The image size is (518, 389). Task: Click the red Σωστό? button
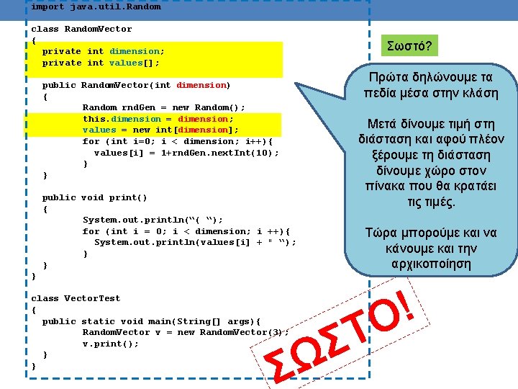click(x=409, y=47)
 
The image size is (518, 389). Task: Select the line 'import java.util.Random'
click(x=96, y=6)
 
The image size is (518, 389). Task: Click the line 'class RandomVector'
click(x=82, y=29)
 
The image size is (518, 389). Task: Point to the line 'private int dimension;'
click(x=104, y=51)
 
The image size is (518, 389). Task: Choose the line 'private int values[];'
click(x=101, y=63)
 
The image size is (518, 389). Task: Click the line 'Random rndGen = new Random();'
click(x=164, y=107)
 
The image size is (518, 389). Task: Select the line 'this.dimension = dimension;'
click(x=158, y=119)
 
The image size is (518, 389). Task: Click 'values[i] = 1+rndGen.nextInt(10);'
click(x=186, y=153)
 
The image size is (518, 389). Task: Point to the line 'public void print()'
click(x=95, y=197)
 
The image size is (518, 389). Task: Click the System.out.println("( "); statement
click(x=153, y=220)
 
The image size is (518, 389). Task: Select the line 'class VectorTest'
click(x=76, y=298)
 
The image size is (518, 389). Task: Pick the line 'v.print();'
click(x=111, y=344)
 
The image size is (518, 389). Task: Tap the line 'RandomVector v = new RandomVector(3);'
click(x=186, y=332)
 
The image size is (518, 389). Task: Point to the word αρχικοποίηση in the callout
click(x=432, y=264)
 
